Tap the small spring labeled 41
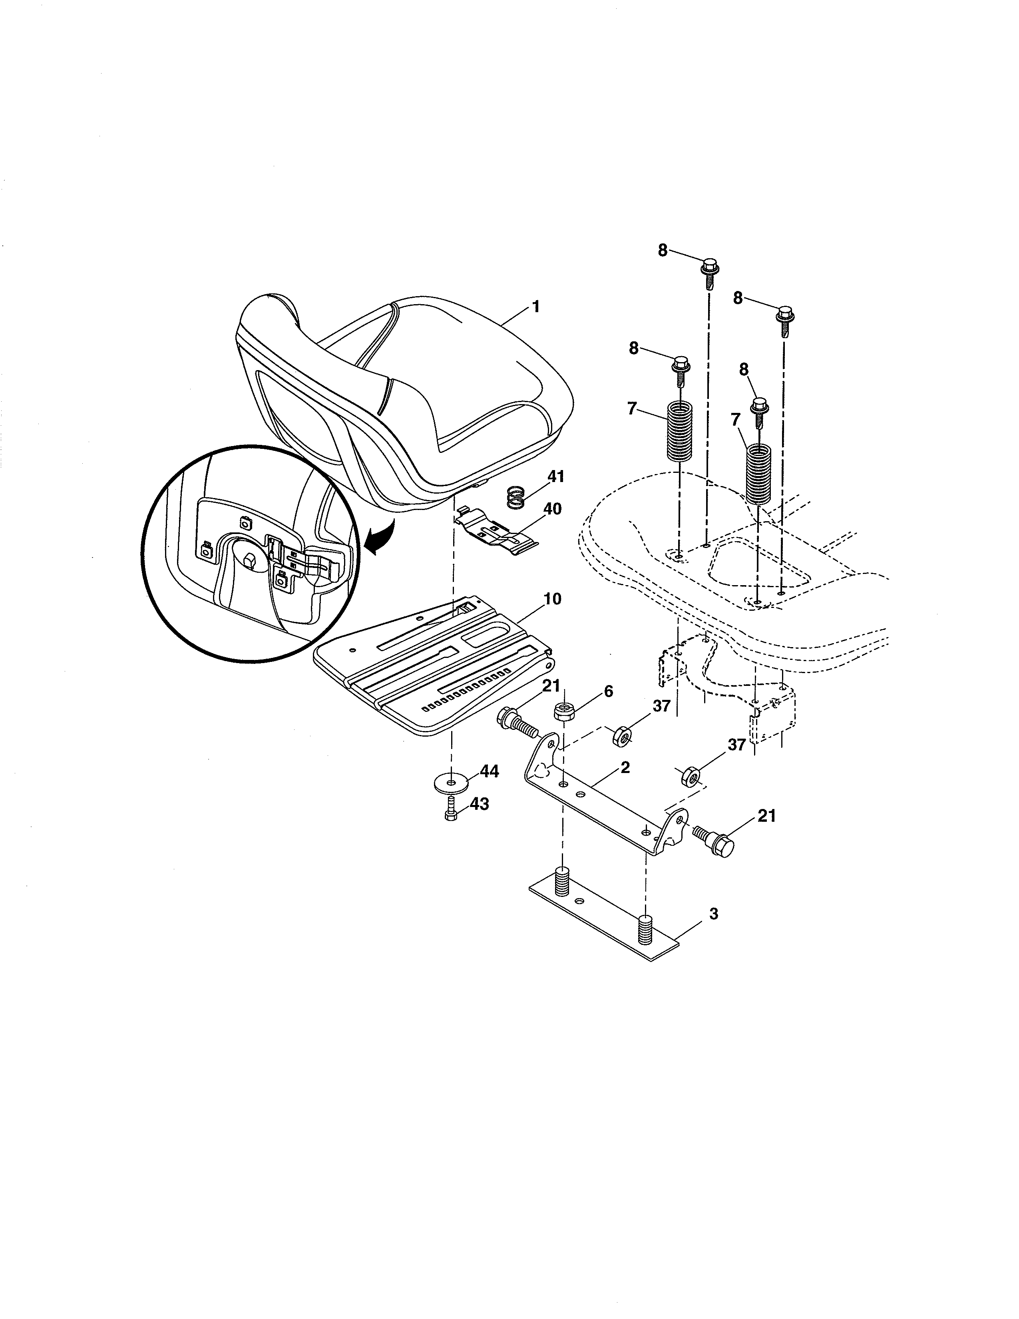point(514,498)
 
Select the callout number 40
point(552,509)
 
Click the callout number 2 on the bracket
point(625,767)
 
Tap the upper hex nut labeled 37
point(622,736)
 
